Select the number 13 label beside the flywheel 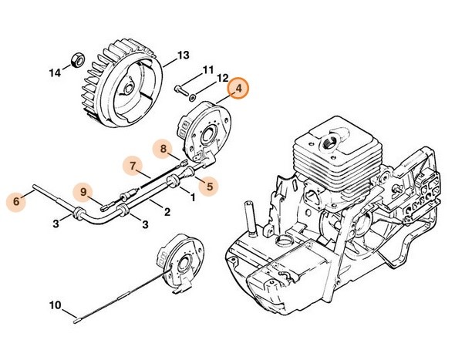182,55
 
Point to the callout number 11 207,70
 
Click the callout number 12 222,79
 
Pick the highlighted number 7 133,165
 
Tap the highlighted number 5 209,183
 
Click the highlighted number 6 15,201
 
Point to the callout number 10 55,304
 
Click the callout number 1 191,197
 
